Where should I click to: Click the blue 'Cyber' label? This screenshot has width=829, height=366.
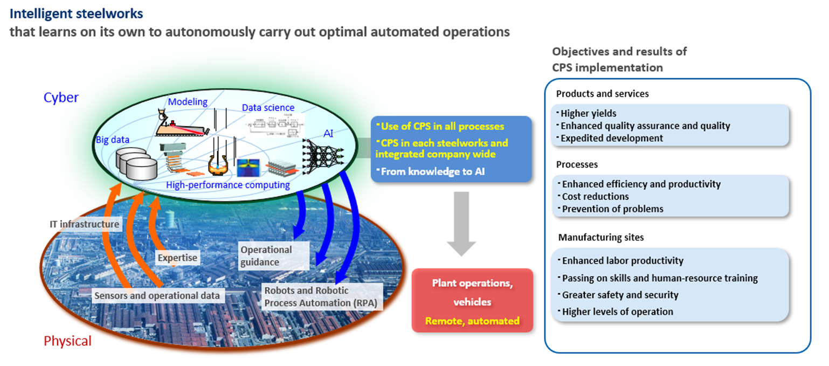[x=61, y=98]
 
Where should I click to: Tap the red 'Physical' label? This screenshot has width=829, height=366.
[x=67, y=341]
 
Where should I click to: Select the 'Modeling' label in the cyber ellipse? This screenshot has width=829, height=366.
[x=188, y=102]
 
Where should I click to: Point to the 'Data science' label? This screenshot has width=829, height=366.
[x=268, y=108]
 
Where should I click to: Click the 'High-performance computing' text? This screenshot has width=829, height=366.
[x=228, y=185]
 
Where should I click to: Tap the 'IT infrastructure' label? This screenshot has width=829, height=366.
[x=84, y=224]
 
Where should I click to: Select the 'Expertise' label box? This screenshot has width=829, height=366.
[x=177, y=258]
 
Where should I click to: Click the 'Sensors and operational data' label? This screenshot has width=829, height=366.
[x=157, y=295]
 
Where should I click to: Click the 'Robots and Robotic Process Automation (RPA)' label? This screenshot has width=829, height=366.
[x=322, y=296]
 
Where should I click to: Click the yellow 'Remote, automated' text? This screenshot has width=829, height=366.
[x=472, y=321]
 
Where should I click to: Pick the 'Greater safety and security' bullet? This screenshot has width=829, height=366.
[x=612, y=295]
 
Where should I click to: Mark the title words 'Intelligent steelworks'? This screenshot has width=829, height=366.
[x=77, y=12]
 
